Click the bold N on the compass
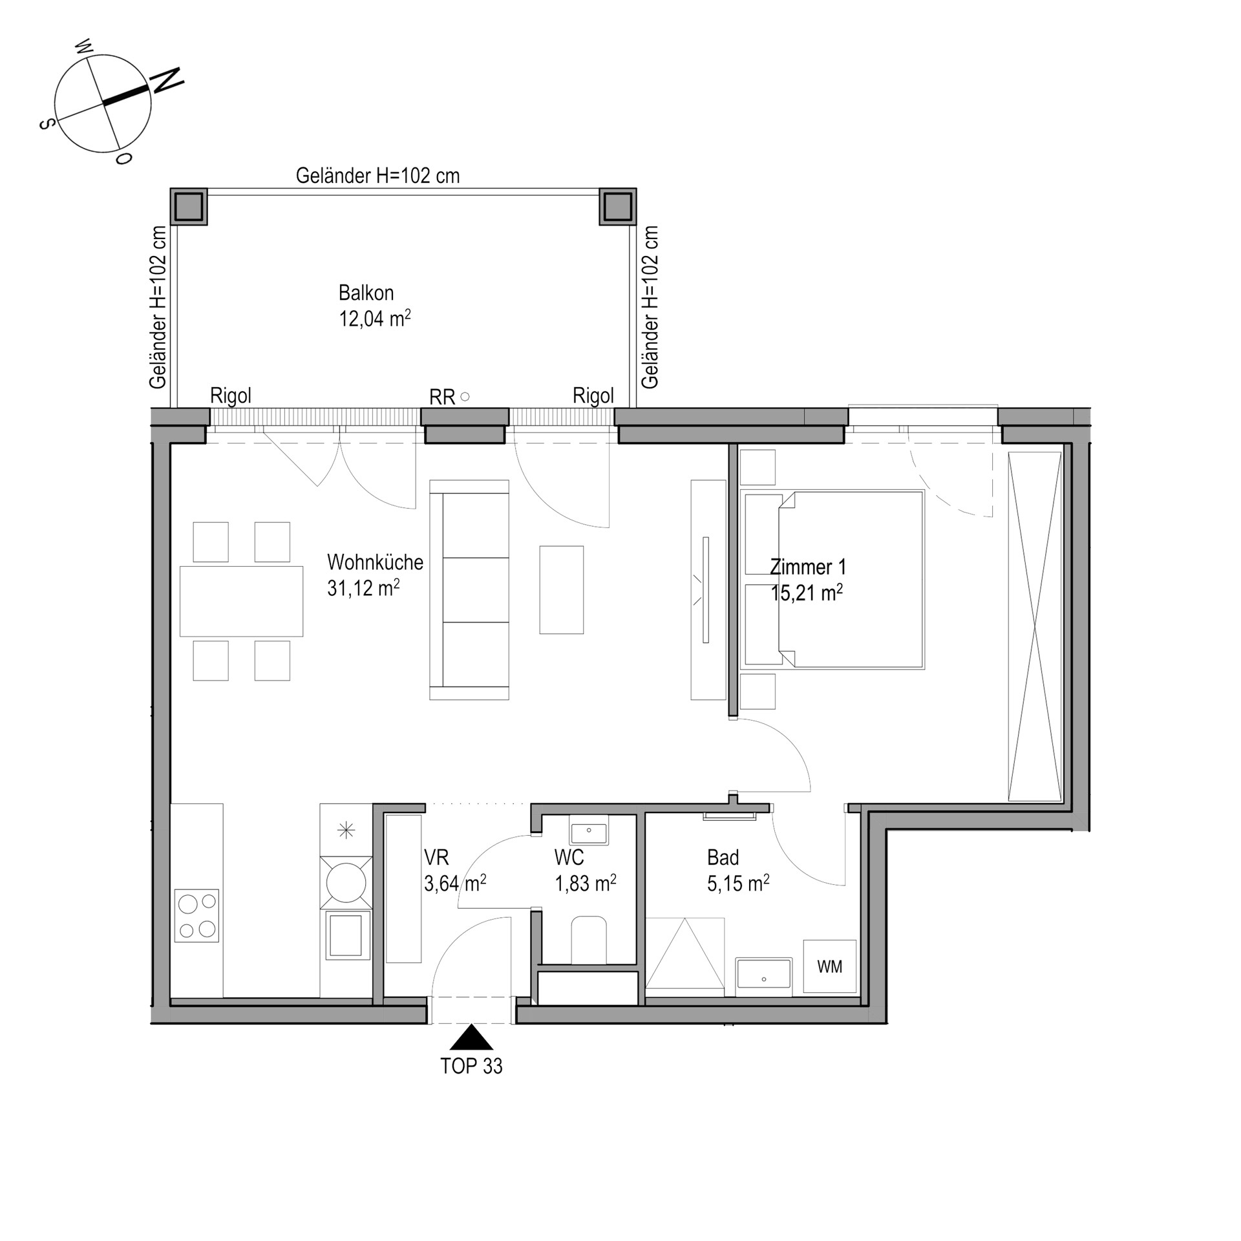click(x=167, y=80)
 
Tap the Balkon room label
click(x=366, y=293)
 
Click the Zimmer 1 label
click(x=808, y=567)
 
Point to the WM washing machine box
click(x=830, y=966)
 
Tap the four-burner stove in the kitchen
click(x=197, y=915)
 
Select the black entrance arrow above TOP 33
click(x=471, y=1037)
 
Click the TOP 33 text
click(x=471, y=1066)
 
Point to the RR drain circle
click(x=464, y=397)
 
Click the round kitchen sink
click(x=346, y=882)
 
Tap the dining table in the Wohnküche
click(x=241, y=601)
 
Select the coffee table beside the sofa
click(x=562, y=589)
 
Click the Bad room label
click(x=723, y=858)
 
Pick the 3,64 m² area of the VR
click(x=455, y=884)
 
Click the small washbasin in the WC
click(x=589, y=829)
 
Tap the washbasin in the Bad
click(x=764, y=973)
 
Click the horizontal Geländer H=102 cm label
click(x=377, y=175)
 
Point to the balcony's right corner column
click(x=618, y=207)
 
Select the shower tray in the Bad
click(x=685, y=953)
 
